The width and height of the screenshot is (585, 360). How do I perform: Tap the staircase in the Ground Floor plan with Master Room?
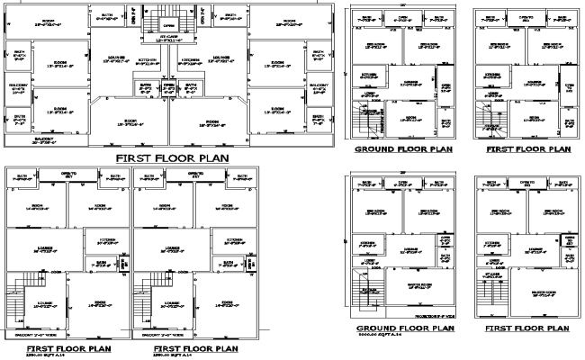pos(367,292)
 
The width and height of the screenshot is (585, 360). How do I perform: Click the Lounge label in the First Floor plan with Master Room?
pos(535,249)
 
